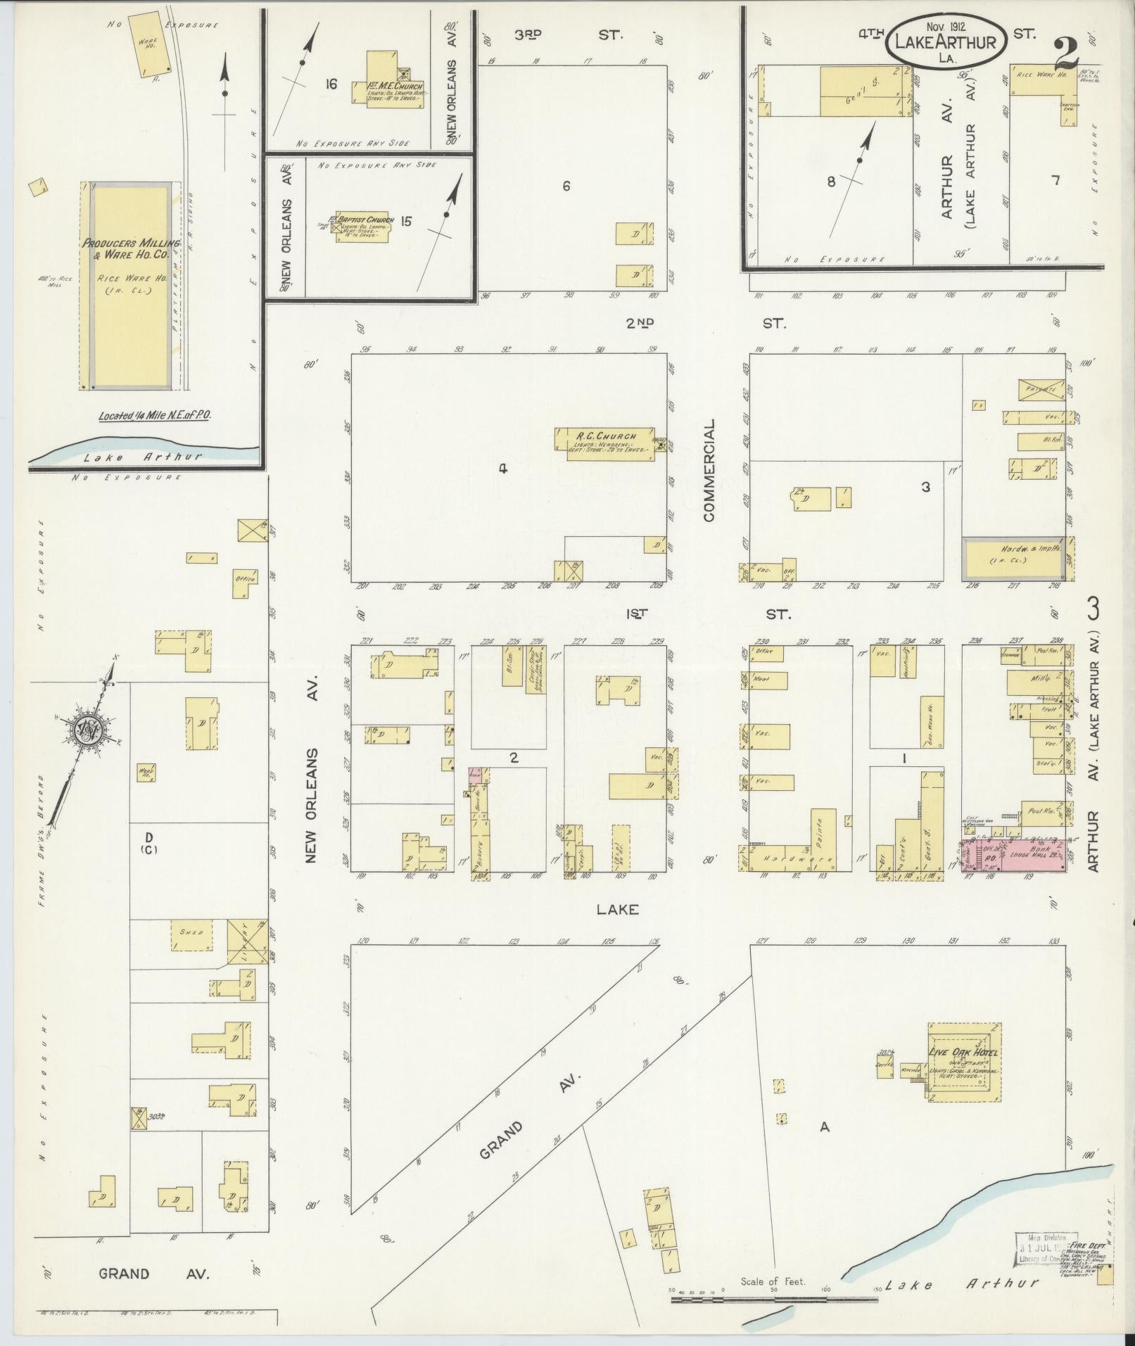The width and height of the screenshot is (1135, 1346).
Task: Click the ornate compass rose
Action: tap(89, 733)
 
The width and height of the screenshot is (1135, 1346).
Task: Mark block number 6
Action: tap(566, 186)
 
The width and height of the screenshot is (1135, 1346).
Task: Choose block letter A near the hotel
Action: tap(825, 1126)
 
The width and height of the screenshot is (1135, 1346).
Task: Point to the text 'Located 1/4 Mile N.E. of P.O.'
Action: tap(155, 415)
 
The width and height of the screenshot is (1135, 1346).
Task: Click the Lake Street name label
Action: tap(617, 910)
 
